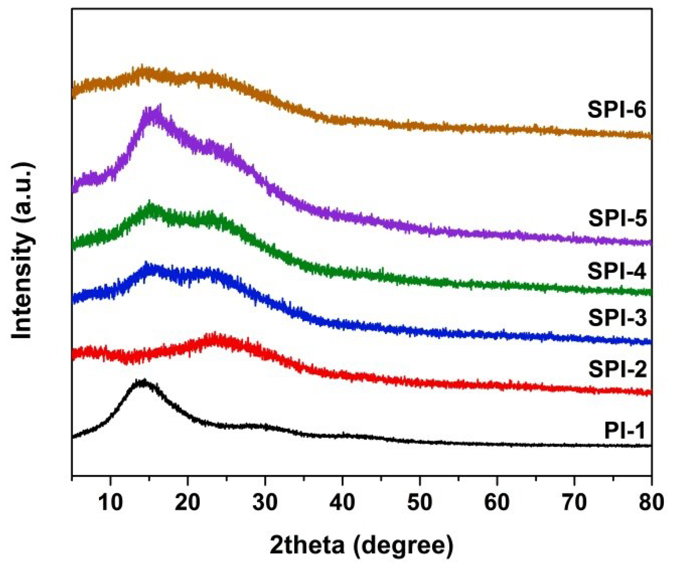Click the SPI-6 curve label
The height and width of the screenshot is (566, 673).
click(x=616, y=110)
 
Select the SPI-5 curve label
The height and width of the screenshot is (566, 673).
click(x=617, y=218)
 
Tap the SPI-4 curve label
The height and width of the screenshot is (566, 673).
click(x=616, y=271)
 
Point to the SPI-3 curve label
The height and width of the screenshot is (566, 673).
click(x=617, y=318)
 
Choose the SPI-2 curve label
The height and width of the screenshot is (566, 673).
click(x=617, y=369)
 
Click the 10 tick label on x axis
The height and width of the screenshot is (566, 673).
click(x=110, y=502)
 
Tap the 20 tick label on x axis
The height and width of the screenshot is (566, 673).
click(x=188, y=502)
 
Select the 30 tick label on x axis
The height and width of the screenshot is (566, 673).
click(x=265, y=502)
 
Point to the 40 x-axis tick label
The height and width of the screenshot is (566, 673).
click(x=342, y=502)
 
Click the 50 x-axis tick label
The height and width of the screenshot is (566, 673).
click(x=420, y=502)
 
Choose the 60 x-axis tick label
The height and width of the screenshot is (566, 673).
click(x=497, y=502)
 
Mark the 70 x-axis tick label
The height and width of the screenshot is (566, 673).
click(x=574, y=502)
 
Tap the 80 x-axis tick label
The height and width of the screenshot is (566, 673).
click(x=651, y=502)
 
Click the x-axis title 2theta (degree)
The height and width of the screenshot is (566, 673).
click(x=361, y=545)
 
